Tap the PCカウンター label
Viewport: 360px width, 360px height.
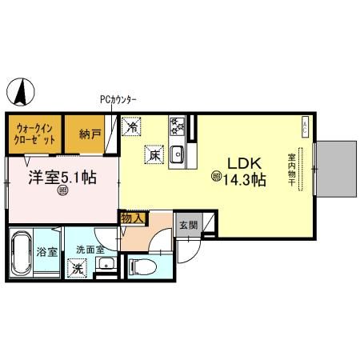point(118,99)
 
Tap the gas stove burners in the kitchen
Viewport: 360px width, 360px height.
point(177,126)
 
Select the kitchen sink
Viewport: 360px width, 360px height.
point(178,153)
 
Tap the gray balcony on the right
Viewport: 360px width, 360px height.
point(336,169)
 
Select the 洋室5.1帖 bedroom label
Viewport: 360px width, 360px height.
point(63,177)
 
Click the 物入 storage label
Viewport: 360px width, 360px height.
point(132,218)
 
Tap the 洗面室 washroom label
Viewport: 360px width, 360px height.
point(90,250)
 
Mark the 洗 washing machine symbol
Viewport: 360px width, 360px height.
point(78,269)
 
